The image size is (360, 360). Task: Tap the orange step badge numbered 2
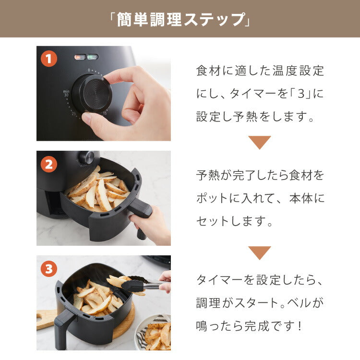click(x=48, y=164)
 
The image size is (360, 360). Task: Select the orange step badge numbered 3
click(x=48, y=269)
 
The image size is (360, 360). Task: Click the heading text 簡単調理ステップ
click(x=180, y=19)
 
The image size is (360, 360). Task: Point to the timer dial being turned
click(x=92, y=93)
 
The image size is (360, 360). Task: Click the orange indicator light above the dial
click(x=80, y=57)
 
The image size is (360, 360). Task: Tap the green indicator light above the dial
click(x=93, y=57)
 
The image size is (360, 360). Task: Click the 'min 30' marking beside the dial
click(x=66, y=93)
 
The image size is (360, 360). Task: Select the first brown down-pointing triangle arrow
click(x=259, y=142)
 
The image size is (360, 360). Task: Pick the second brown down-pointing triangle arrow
click(x=259, y=252)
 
